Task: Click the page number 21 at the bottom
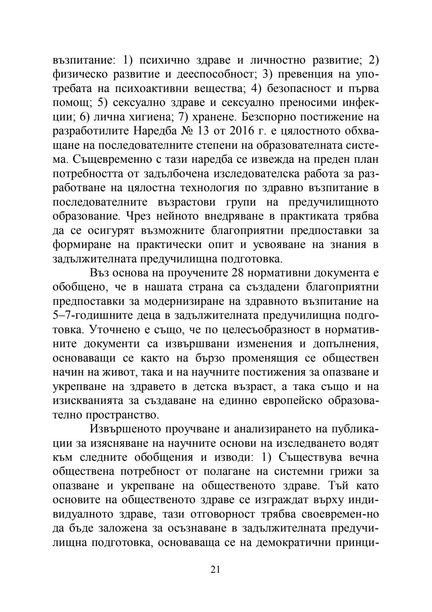[215, 570]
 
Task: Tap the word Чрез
[139, 216]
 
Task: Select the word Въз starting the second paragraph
[99, 273]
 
